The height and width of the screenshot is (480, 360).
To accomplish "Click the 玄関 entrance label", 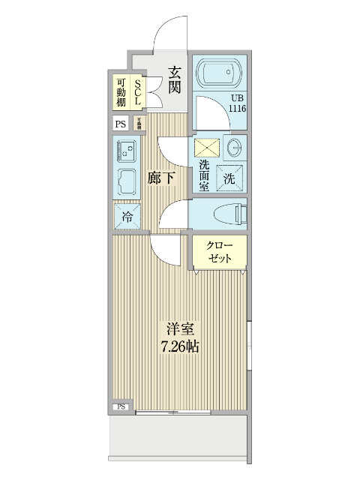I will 173,80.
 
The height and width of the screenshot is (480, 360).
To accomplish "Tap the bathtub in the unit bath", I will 220,75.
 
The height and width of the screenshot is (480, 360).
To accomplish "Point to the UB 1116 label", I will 238,103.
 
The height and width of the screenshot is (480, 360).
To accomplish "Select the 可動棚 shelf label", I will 121,91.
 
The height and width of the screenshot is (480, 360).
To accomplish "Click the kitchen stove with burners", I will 125,151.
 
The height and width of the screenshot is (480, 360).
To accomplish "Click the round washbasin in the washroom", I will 234,145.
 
